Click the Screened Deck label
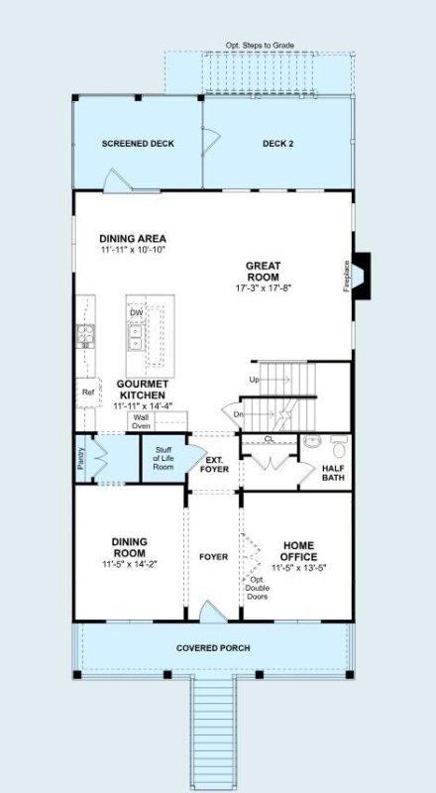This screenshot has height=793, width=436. (x=138, y=144)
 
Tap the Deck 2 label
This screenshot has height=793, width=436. (x=277, y=144)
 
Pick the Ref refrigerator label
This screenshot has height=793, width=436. (x=87, y=392)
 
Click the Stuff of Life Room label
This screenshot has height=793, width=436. (x=163, y=459)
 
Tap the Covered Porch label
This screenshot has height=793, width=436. (x=213, y=648)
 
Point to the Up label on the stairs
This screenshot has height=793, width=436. (x=254, y=381)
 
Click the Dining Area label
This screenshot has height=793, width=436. (x=133, y=238)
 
